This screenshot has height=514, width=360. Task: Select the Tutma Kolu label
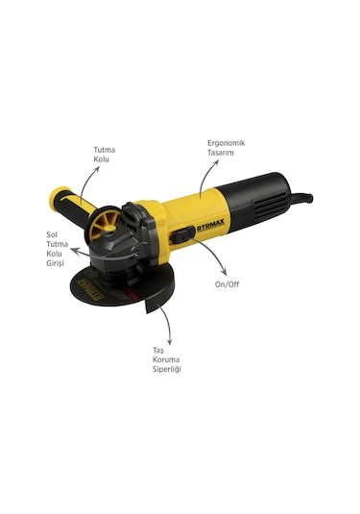(x=104, y=156)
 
